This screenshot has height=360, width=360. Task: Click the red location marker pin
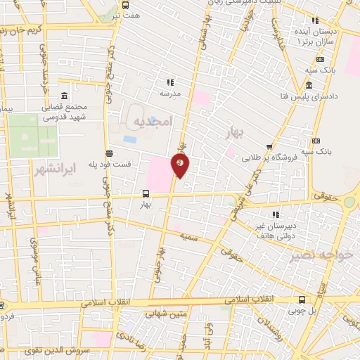(x=181, y=165)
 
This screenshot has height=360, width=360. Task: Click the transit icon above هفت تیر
(x=125, y=4)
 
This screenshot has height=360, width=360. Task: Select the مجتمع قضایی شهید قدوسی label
(x=60, y=112)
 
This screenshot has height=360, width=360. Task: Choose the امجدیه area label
(x=150, y=122)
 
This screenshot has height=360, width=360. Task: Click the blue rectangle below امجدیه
(x=129, y=139)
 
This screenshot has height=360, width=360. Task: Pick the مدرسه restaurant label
(x=170, y=93)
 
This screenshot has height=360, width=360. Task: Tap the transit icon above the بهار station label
(x=146, y=193)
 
